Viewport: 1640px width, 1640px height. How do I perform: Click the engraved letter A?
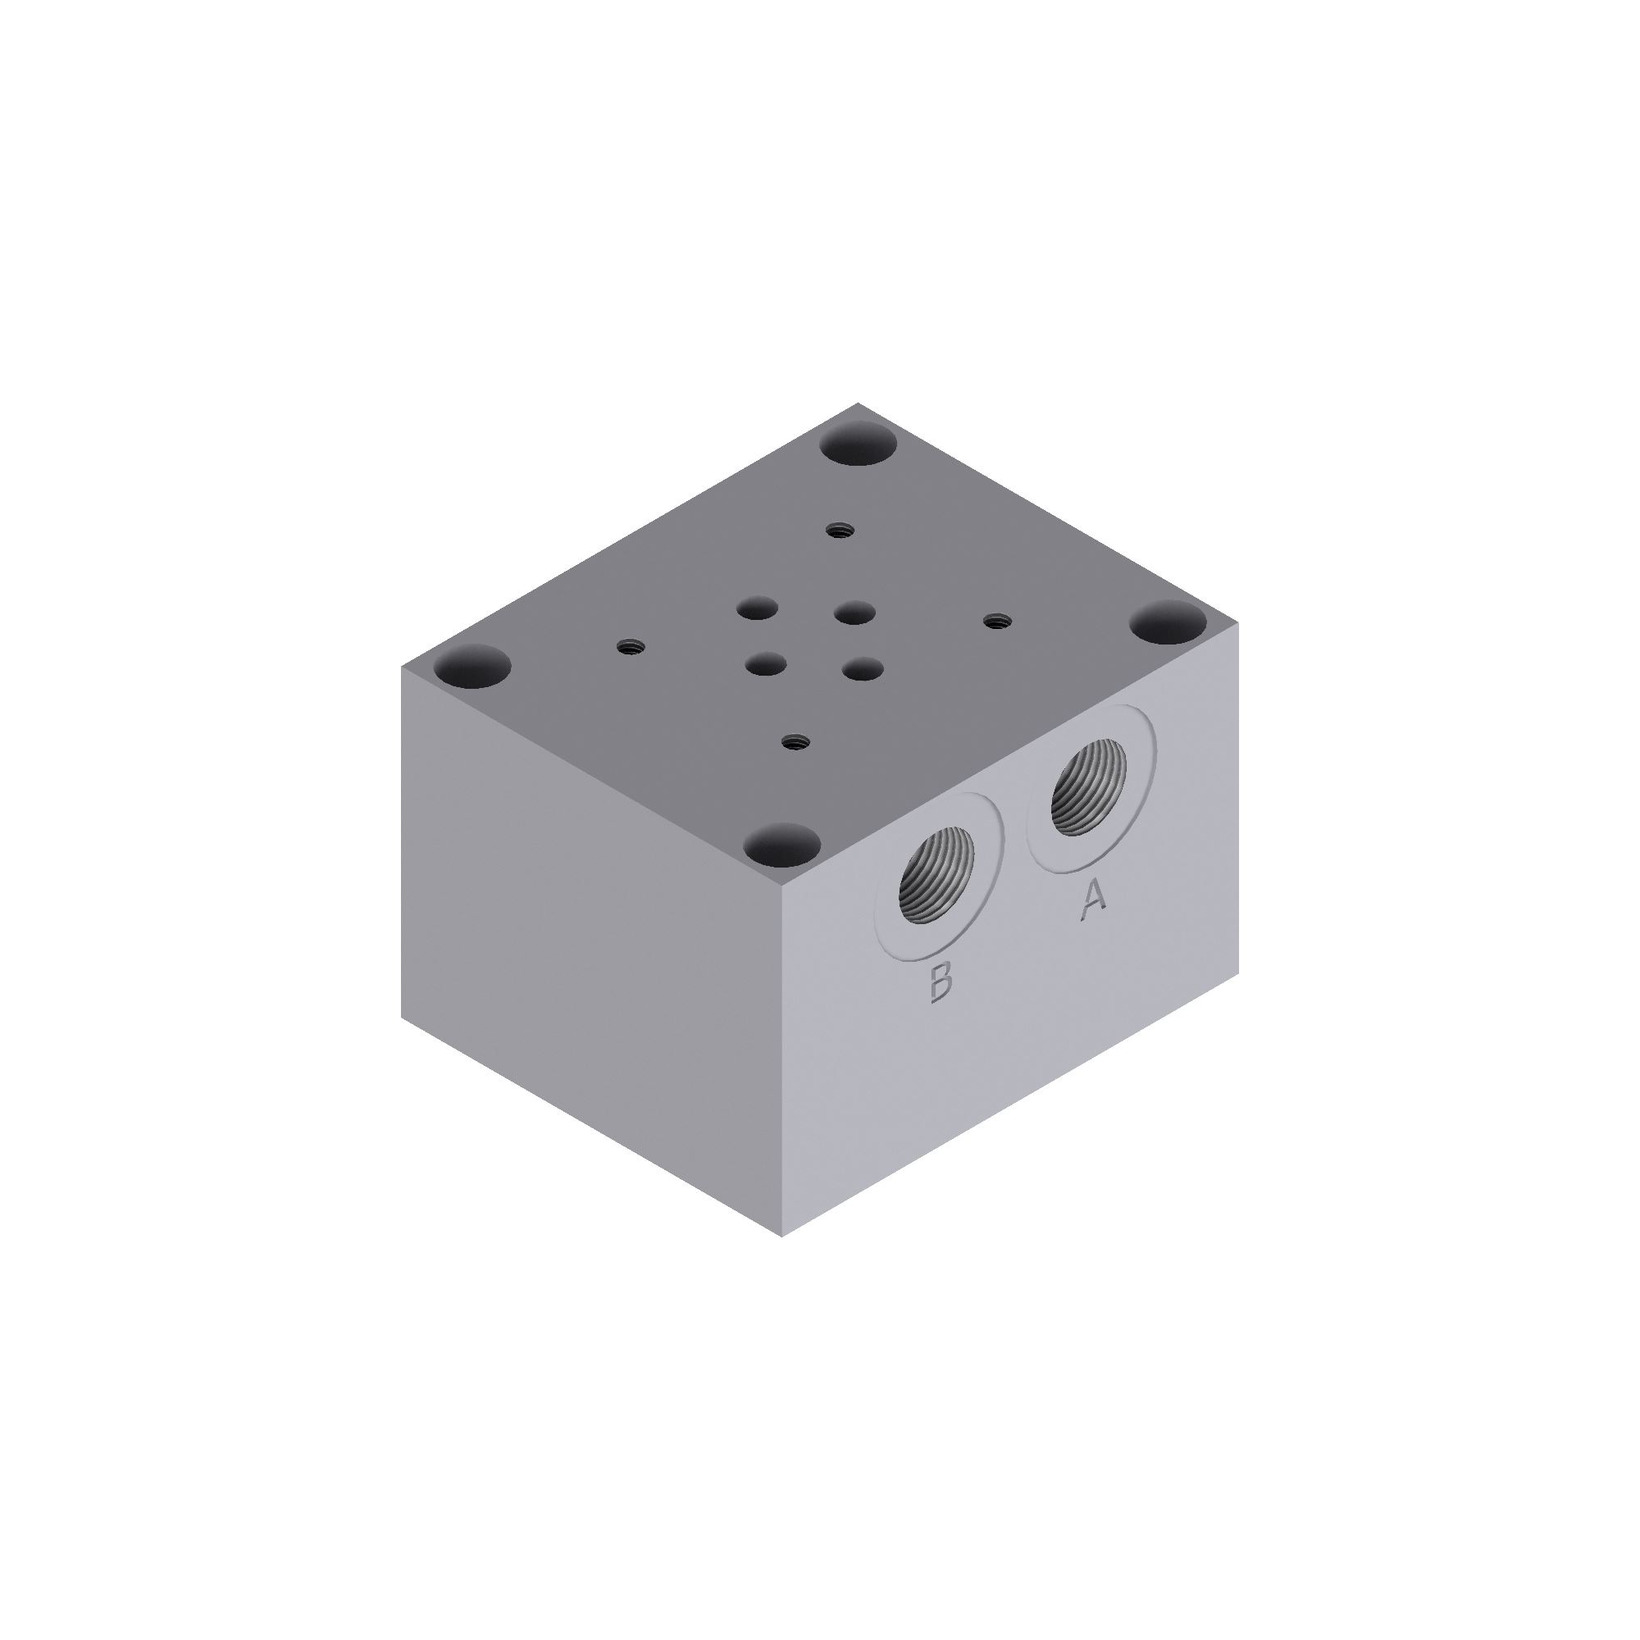pos(1093,897)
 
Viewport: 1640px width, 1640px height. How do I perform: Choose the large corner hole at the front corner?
pos(783,846)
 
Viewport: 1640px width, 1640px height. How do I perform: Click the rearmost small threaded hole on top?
pos(838,531)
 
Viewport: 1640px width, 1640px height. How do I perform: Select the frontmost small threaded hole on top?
pos(795,741)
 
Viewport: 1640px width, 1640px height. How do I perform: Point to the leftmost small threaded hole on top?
pos(628,647)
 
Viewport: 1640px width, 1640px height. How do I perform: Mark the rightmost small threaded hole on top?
pos(993,622)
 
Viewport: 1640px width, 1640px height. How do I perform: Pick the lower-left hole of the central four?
pos(765,663)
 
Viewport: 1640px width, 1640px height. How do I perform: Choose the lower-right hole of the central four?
pos(860,667)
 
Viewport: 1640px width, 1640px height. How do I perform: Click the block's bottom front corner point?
pos(781,1236)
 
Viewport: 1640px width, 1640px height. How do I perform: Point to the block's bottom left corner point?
pos(402,1017)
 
